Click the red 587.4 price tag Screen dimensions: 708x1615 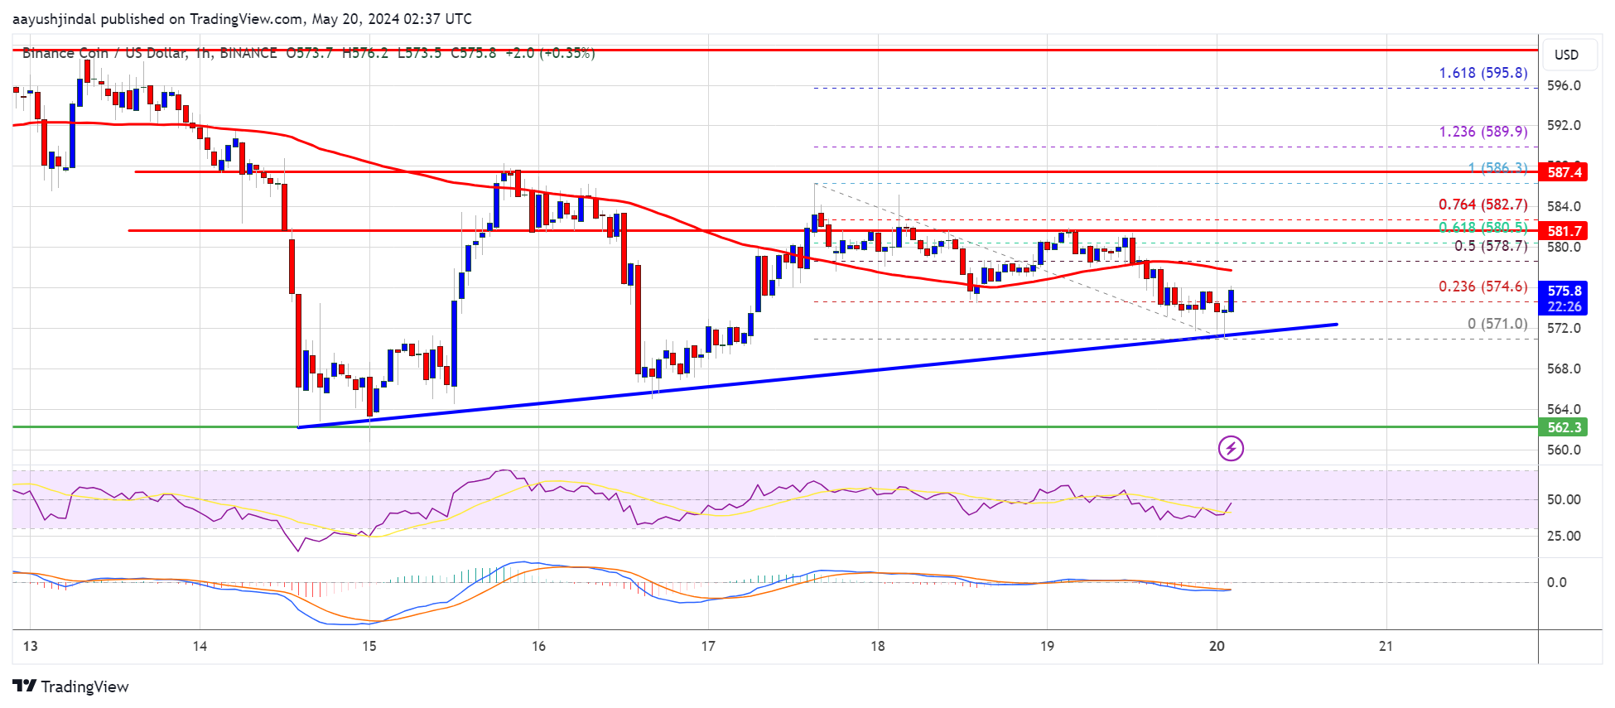1564,172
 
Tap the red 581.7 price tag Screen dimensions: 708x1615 1564,231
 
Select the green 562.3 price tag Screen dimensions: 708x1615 1564,427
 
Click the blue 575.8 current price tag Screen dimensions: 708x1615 1564,291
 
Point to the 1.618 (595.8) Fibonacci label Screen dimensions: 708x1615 1482,73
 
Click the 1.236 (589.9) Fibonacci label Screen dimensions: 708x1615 1482,132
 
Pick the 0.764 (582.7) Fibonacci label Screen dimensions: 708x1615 1482,205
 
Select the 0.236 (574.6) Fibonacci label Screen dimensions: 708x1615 1482,287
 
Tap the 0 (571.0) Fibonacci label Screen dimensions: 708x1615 1497,324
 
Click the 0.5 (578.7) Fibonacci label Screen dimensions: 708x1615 1490,246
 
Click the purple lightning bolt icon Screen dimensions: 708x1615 1231,449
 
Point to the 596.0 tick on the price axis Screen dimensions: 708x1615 1564,85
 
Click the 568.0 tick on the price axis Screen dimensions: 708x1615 1564,368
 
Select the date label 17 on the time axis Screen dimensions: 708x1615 708,646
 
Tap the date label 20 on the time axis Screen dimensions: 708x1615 1217,646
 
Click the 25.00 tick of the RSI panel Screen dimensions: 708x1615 1564,536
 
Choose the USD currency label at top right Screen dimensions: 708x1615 1566,55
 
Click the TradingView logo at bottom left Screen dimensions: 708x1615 71,686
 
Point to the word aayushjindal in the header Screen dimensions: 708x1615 55,18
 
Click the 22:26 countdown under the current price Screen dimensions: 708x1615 1564,306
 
